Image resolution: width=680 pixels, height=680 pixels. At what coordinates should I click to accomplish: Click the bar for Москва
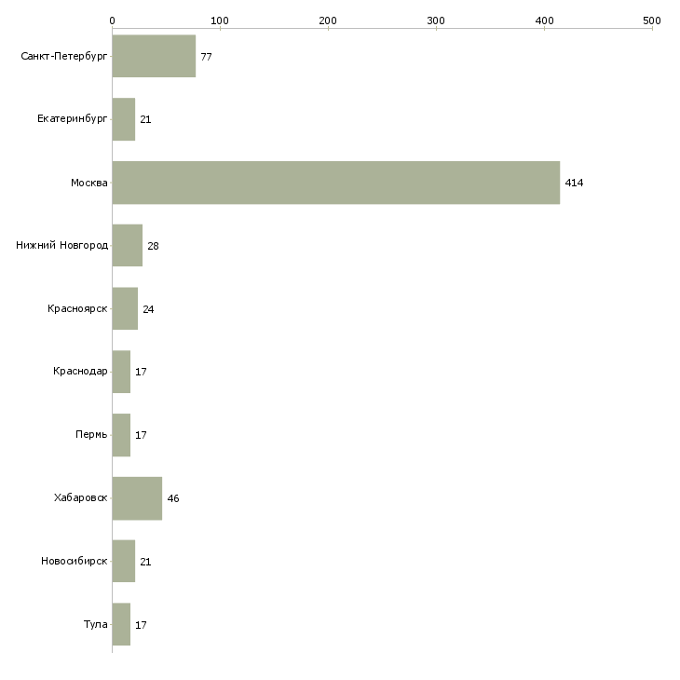pyautogui.click(x=335, y=183)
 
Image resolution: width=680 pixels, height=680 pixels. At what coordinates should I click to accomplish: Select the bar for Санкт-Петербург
pyautogui.click(x=154, y=57)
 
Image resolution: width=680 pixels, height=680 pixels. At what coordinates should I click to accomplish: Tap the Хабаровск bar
pyautogui.click(x=137, y=498)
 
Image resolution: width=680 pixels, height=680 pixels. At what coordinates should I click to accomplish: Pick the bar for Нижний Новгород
pyautogui.click(x=127, y=246)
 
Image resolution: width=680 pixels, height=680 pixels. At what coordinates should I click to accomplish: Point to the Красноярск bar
pyautogui.click(x=125, y=309)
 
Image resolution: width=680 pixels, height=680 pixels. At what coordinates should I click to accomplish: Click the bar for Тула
pyautogui.click(x=121, y=624)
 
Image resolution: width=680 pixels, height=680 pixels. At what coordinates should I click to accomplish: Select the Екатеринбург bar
pyautogui.click(x=123, y=120)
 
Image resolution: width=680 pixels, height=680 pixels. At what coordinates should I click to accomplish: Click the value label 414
pyautogui.click(x=574, y=184)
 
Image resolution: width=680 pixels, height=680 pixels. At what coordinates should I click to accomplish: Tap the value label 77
pyautogui.click(x=206, y=58)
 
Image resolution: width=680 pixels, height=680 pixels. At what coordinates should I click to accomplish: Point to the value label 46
pyautogui.click(x=173, y=499)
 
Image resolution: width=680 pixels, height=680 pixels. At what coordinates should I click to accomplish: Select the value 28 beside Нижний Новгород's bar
pyautogui.click(x=154, y=247)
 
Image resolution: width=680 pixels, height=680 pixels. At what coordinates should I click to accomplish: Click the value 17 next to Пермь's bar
pyautogui.click(x=141, y=436)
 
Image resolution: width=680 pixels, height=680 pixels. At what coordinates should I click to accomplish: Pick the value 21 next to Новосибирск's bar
pyautogui.click(x=145, y=562)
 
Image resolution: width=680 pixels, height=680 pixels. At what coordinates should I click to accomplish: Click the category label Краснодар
pyautogui.click(x=80, y=372)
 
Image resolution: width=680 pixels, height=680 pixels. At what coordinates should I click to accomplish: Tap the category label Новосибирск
pyautogui.click(x=74, y=562)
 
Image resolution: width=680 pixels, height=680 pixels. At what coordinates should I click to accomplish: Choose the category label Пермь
pyautogui.click(x=91, y=435)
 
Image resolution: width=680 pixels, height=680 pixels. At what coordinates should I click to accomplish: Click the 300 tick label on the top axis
pyautogui.click(x=436, y=20)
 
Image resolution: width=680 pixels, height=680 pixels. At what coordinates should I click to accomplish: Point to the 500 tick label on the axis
pyautogui.click(x=651, y=20)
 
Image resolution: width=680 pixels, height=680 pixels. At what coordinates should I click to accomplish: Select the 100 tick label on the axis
pyautogui.click(x=220, y=20)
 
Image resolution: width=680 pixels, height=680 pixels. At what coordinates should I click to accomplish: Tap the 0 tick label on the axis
pyautogui.click(x=112, y=20)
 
